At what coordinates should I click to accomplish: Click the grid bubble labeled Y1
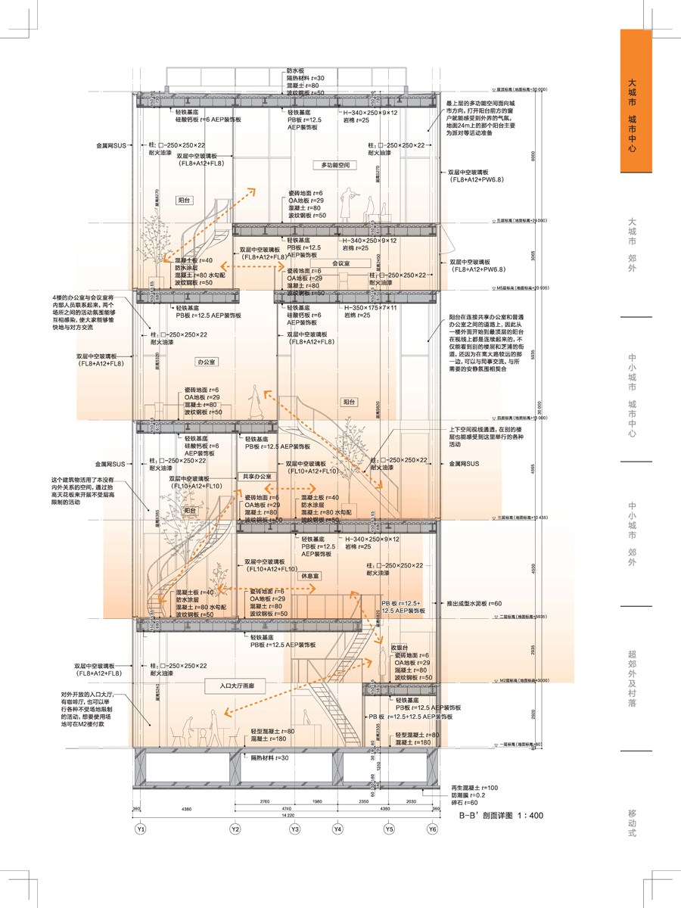pos(140,829)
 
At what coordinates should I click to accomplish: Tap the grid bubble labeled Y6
pos(432,829)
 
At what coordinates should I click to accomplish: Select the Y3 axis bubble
pos(295,829)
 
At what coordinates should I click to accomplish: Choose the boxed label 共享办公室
pos(257,477)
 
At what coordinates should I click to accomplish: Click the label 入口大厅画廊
pos(237,686)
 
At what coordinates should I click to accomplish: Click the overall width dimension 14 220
pos(287,816)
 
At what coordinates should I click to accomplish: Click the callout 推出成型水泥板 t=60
pos(475,603)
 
